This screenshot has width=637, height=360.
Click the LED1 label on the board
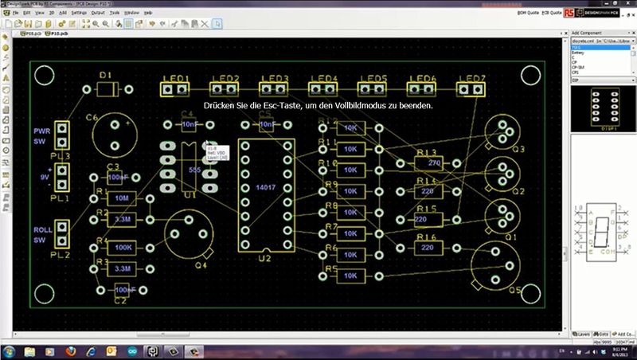pyautogui.click(x=175, y=78)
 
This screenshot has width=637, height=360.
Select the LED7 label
pyautogui.click(x=472, y=78)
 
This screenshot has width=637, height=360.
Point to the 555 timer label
pyautogui.click(x=195, y=169)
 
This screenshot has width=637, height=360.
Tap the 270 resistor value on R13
pyautogui.click(x=434, y=163)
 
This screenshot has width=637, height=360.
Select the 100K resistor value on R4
pyautogui.click(x=123, y=248)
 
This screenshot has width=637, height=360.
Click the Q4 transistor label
pyautogui.click(x=200, y=265)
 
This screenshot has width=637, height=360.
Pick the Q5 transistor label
pyautogui.click(x=514, y=292)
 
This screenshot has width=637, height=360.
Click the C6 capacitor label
pyautogui.click(x=92, y=118)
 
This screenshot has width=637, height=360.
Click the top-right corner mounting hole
pyautogui.click(x=529, y=75)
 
